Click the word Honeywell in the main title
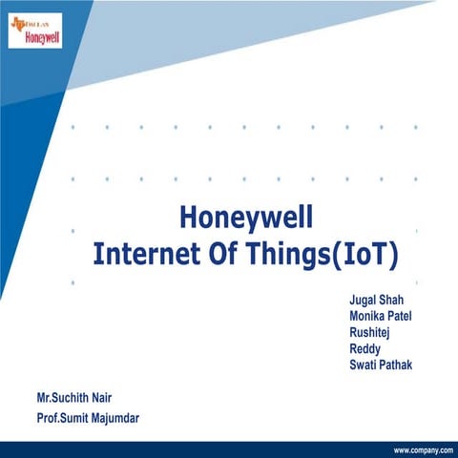245,219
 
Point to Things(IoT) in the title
327,255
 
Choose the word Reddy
365,348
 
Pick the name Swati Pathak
381,364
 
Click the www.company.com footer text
422,449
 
